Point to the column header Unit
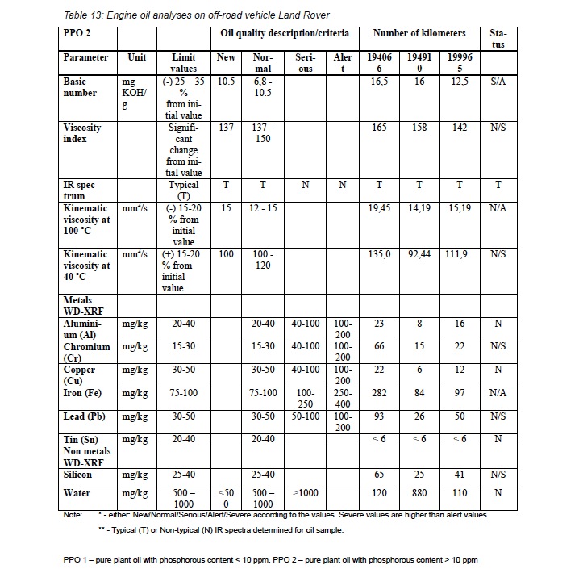pos(136,58)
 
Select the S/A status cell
pos(498,82)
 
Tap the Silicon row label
pos(80,475)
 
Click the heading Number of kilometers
pos(419,34)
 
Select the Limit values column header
pos(184,63)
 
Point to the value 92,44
pos(419,254)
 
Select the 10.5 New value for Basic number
pos(227,82)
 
